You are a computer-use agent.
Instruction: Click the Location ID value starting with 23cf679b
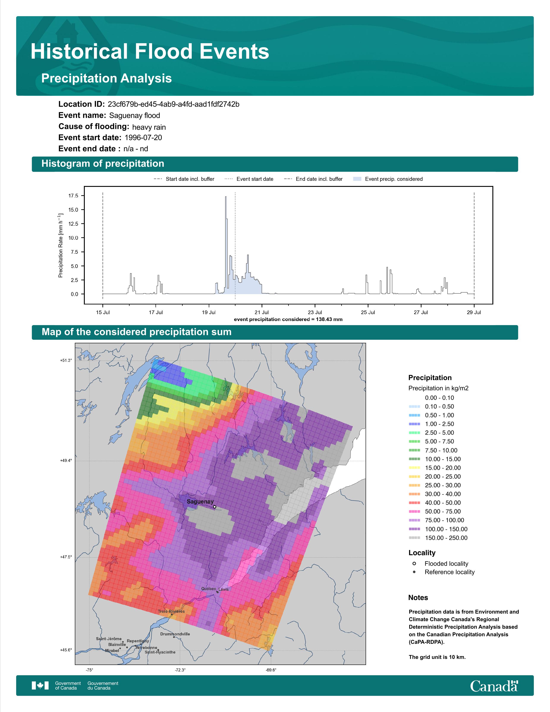click(x=173, y=104)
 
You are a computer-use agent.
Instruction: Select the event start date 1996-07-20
click(x=143, y=138)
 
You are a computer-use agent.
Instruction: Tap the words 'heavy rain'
click(x=149, y=127)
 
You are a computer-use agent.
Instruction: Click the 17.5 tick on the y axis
click(x=73, y=196)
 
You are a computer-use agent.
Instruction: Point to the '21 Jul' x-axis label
click(x=262, y=312)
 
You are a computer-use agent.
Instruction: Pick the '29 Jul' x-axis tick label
click(x=474, y=312)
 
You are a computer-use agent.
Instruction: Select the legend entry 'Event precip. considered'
click(x=388, y=179)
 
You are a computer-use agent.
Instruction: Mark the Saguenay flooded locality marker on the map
click(x=214, y=507)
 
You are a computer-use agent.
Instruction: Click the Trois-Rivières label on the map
click(x=171, y=611)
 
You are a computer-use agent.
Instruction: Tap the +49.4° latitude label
click(x=66, y=461)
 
